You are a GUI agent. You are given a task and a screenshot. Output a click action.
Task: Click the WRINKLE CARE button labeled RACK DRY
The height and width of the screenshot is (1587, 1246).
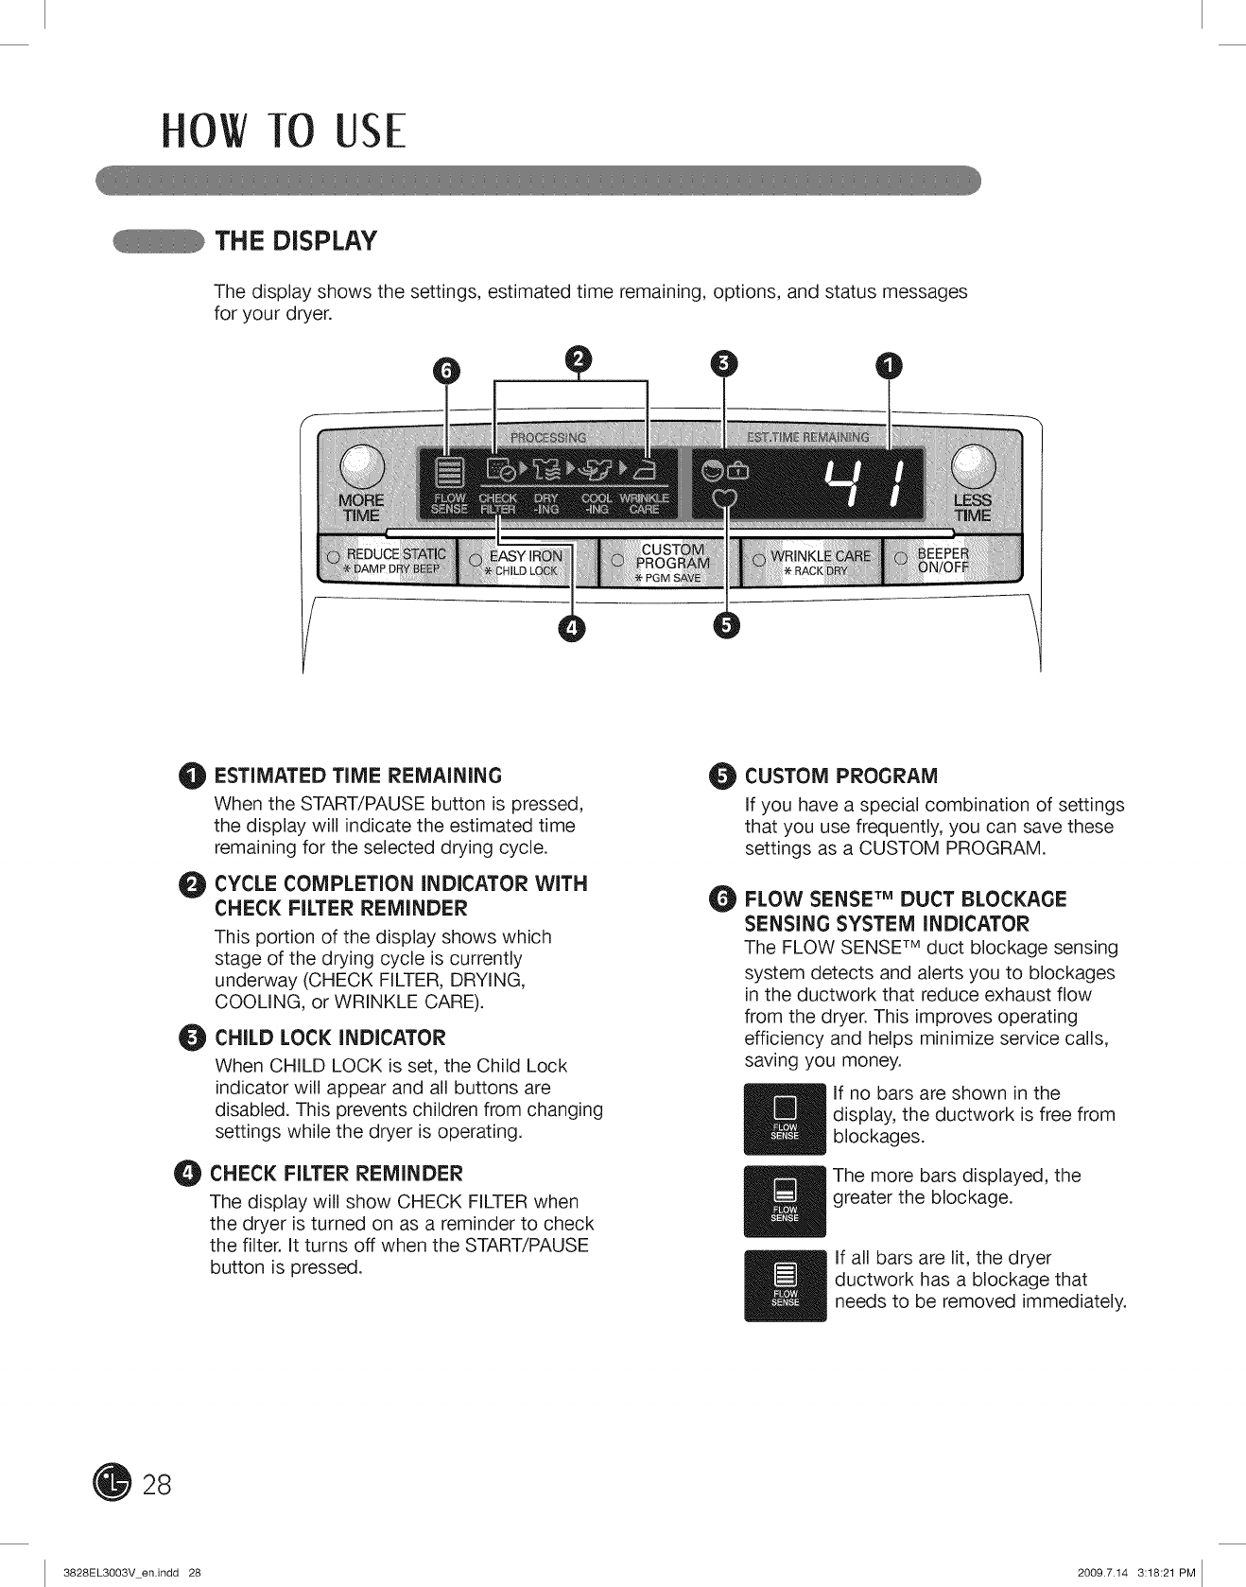[x=812, y=562]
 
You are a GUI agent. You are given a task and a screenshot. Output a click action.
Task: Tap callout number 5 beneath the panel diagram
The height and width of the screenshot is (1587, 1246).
[x=726, y=625]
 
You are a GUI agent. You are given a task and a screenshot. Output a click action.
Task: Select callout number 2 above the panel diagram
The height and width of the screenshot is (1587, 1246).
[x=577, y=359]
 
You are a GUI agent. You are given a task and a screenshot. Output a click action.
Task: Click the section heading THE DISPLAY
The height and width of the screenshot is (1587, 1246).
[x=297, y=241]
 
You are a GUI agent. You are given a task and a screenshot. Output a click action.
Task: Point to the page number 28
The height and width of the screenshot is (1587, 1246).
[x=157, y=1485]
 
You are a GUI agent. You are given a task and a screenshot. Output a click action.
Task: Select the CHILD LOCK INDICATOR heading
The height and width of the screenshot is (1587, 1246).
[x=330, y=1038]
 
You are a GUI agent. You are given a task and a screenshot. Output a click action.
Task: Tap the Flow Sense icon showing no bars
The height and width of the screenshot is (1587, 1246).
[x=786, y=1118]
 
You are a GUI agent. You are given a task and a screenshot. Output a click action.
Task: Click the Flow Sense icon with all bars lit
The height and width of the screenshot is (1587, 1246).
[x=786, y=1285]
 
